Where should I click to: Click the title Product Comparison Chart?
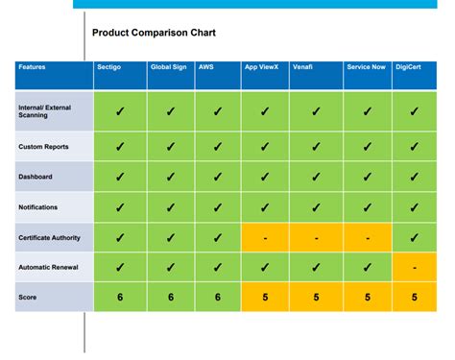[154, 33]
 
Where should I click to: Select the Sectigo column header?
[108, 68]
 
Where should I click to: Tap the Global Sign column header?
[167, 68]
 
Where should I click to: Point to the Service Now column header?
[366, 68]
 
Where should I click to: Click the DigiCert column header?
[411, 68]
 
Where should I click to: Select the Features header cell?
[33, 68]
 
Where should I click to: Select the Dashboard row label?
[36, 177]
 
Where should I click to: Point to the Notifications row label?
[39, 206]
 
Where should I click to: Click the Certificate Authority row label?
[49, 237]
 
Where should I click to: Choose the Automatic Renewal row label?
[48, 267]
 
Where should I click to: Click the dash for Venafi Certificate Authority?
[316, 237]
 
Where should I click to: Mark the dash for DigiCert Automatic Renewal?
[415, 267]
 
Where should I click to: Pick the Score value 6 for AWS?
[217, 298]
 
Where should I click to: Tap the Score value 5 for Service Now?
[367, 298]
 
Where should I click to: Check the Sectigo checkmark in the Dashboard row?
[120, 177]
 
